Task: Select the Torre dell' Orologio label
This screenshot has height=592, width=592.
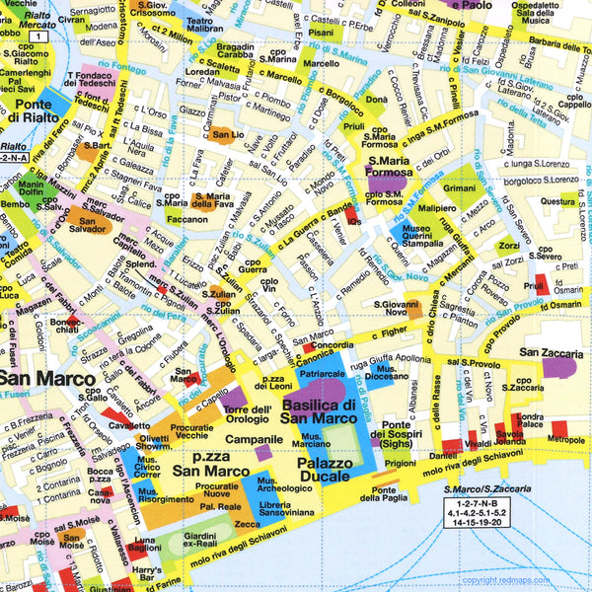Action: click(248, 414)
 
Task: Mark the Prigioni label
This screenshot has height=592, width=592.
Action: click(400, 462)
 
